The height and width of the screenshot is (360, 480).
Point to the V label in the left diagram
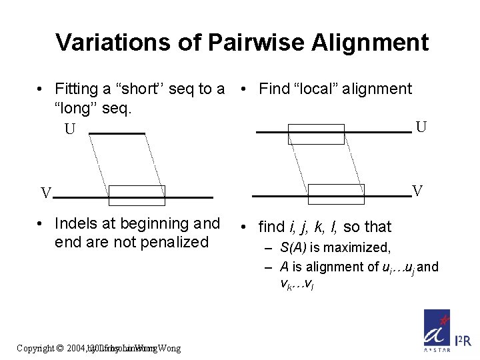coord(45,194)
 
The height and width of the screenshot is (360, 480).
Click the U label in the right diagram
coord(421,127)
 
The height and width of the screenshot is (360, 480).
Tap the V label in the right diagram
coord(417,191)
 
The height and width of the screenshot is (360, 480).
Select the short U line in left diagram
coord(117,134)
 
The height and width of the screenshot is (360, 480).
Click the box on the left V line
coord(137,195)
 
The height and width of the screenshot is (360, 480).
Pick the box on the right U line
coord(316,134)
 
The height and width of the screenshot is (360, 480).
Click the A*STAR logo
coord(437,330)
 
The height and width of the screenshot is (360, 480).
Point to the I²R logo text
coord(463,341)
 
